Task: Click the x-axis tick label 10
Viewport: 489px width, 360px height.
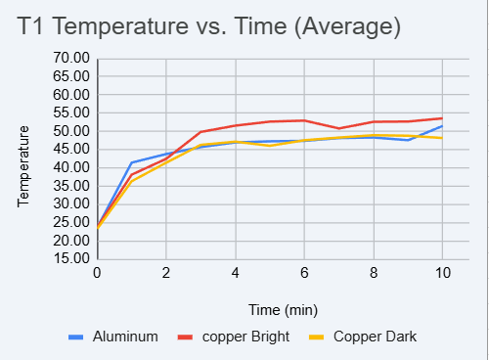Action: coord(442,273)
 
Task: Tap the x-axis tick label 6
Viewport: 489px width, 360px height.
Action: coord(304,273)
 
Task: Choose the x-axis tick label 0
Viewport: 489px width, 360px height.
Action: coord(97,273)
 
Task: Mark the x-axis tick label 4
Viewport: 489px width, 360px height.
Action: coord(235,273)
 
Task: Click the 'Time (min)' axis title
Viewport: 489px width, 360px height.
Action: coord(283,309)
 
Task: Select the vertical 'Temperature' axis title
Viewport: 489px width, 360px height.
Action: coord(24,164)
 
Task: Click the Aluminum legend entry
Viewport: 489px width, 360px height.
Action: coord(125,337)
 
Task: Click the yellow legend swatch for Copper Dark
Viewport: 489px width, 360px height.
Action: coord(317,337)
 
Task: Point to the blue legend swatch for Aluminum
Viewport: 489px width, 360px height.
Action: coord(76,337)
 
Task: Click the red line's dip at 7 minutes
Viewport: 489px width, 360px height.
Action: coord(338,128)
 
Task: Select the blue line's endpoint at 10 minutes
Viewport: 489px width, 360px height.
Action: coord(442,126)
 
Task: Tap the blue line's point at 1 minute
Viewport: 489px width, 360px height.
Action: coord(131,162)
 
